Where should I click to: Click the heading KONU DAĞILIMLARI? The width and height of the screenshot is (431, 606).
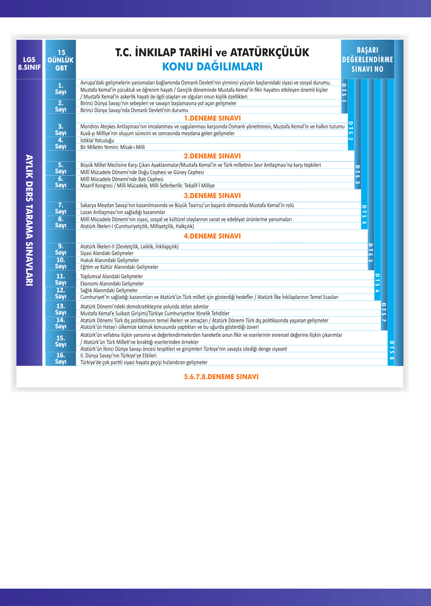click(212, 67)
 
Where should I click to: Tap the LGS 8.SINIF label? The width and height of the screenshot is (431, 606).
click(29, 63)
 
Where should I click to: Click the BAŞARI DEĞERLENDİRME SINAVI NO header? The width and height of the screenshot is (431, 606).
click(367, 59)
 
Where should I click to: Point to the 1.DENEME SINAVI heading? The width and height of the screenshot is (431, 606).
click(212, 118)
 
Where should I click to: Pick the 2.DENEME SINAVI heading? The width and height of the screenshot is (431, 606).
click(212, 156)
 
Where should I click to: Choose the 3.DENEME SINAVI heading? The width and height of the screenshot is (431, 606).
click(212, 196)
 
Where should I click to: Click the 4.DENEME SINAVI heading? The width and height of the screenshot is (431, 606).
click(212, 236)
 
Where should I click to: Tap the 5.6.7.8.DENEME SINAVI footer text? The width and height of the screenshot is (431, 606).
click(221, 377)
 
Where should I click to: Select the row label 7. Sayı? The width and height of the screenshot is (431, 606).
click(61, 208)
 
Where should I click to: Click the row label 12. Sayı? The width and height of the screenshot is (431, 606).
click(61, 293)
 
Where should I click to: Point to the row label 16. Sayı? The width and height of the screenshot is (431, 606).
click(61, 358)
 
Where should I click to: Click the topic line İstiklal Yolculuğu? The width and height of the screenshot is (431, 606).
click(97, 141)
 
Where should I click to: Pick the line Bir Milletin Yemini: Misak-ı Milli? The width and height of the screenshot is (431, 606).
click(113, 147)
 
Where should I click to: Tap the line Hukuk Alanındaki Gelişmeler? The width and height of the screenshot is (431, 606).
click(110, 260)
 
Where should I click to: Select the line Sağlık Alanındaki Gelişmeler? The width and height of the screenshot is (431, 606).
click(109, 290)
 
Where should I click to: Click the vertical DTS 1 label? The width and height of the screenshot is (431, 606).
click(344, 93)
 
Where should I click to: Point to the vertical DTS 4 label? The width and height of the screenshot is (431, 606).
click(364, 215)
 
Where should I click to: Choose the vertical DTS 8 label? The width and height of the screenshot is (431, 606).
click(391, 350)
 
